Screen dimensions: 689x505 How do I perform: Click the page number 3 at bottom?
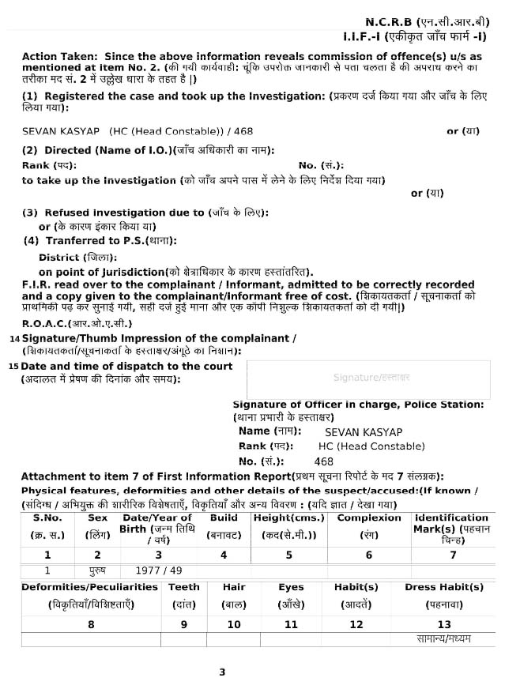222,672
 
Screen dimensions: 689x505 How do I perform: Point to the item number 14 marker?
14,338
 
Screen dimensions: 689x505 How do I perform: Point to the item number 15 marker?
13,366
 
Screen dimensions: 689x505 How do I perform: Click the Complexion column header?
369,518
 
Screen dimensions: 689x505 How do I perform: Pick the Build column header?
224,518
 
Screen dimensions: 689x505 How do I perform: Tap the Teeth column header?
184,587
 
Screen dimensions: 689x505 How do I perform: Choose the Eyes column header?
291,587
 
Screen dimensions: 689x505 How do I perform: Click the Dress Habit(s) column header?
444,587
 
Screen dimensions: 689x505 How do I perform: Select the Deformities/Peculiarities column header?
90,587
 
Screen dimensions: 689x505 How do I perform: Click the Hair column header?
234,587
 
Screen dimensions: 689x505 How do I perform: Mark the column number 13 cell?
444,624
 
